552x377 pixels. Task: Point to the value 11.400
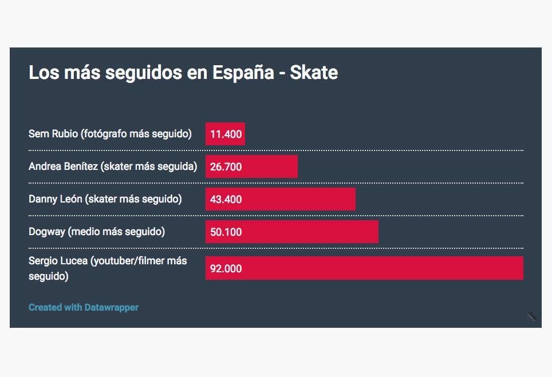click(226, 135)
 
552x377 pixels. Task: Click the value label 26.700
click(226, 167)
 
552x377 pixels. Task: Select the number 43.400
click(226, 200)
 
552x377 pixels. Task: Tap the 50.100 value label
click(226, 232)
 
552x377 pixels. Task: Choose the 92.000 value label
click(226, 269)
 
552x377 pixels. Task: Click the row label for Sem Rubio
click(110, 134)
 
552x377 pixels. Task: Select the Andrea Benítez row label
click(113, 166)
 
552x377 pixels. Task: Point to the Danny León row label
click(105, 199)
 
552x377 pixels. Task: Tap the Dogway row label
click(97, 232)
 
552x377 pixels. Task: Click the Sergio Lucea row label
click(108, 268)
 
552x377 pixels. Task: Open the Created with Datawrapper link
click(84, 308)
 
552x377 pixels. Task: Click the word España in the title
click(243, 73)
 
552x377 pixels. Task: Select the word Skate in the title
click(314, 73)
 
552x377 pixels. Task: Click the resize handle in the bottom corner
click(532, 316)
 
